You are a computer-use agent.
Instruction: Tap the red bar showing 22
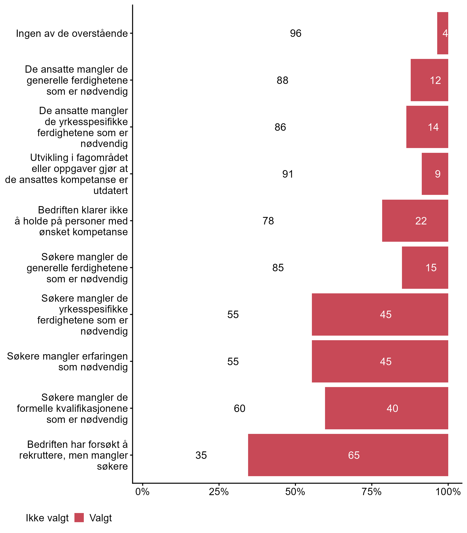(x=415, y=221)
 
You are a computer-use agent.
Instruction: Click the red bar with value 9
(x=435, y=174)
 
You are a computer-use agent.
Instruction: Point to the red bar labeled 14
(x=427, y=127)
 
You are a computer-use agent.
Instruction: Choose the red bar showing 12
(x=429, y=80)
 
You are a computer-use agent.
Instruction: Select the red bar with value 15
(x=425, y=268)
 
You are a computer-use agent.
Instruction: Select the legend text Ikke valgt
(x=47, y=518)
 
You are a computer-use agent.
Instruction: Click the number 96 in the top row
(x=296, y=33)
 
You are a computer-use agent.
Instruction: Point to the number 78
(x=268, y=221)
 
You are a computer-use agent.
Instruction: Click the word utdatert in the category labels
(x=110, y=191)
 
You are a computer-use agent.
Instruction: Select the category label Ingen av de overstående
(x=72, y=34)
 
